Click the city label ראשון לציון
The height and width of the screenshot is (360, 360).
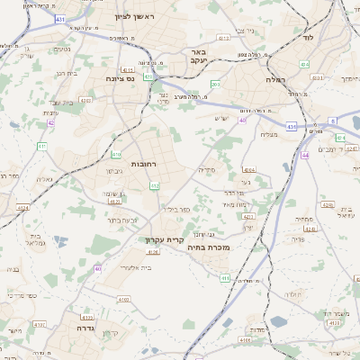coord(136,17)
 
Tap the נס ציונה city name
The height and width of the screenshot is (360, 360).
coord(118,78)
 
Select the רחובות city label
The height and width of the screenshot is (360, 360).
coord(145,165)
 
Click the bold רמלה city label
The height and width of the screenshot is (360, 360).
coord(275,80)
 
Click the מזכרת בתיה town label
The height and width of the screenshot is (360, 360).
coord(212,247)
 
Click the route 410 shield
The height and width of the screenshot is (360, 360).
coord(117,154)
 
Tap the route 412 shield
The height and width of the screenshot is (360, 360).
coord(155,185)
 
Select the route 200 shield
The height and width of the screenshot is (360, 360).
coord(214,85)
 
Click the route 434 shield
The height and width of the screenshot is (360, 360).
coord(304,65)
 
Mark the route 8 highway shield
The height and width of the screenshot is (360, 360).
coord(331,120)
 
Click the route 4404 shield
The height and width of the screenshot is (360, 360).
coord(249,169)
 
